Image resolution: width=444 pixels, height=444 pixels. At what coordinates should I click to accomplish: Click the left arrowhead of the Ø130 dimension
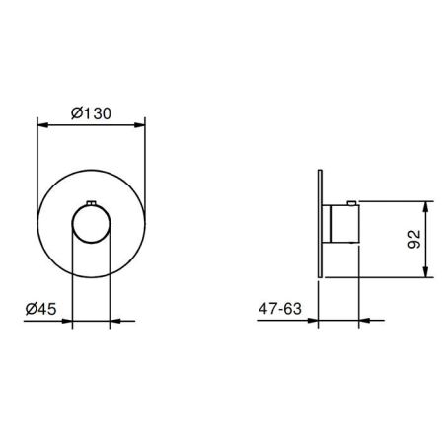click(40, 122)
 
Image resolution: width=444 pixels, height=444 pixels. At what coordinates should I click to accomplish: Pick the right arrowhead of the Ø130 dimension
click(141, 122)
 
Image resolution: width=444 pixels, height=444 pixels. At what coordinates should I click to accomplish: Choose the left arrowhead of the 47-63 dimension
click(314, 320)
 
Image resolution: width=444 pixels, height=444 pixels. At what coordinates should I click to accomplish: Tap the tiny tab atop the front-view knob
click(91, 204)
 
